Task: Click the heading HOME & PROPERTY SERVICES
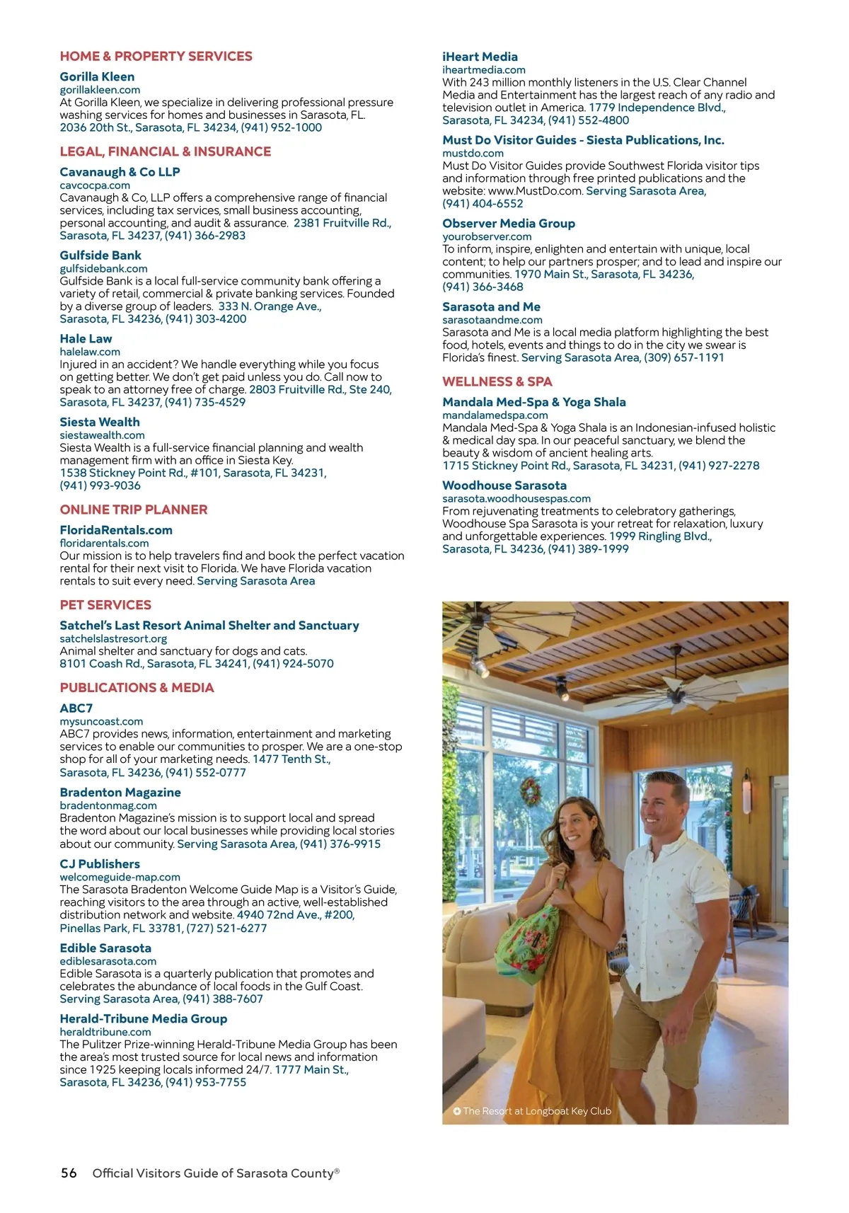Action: point(156,57)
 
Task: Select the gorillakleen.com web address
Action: point(100,90)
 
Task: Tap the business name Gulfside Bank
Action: point(100,255)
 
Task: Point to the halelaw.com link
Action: point(90,352)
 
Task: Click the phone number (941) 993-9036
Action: point(100,485)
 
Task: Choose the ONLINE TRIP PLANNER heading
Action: point(134,510)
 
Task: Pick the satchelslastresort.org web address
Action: point(113,638)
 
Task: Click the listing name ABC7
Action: point(76,708)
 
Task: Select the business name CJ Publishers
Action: point(100,864)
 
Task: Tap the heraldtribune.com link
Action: point(105,1032)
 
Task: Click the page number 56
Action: point(69,1173)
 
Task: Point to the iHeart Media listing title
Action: point(480,57)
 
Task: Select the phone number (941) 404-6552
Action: point(483,204)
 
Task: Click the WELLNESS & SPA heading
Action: point(497,381)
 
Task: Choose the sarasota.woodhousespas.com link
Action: point(516,498)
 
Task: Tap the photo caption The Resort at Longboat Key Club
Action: point(536,1111)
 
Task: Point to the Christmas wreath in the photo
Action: point(530,792)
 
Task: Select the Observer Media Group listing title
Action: point(509,224)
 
